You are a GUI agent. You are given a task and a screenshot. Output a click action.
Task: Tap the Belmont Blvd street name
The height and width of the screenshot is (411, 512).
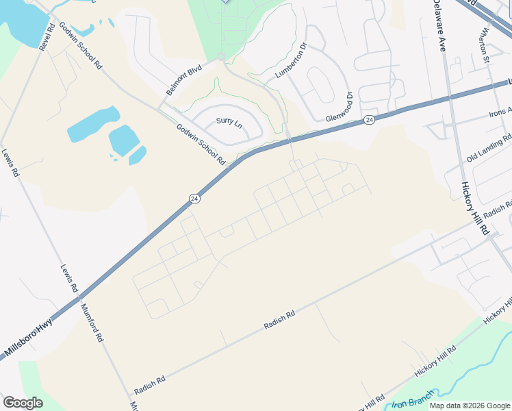pyautogui.click(x=184, y=80)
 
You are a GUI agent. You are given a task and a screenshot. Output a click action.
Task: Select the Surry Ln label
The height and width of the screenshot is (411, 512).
pyautogui.click(x=229, y=121)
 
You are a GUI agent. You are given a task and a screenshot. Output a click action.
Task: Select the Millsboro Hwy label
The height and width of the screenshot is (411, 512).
pyautogui.click(x=29, y=340)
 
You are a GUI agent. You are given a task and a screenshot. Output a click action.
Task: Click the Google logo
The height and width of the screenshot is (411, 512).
pyautogui.click(x=23, y=403)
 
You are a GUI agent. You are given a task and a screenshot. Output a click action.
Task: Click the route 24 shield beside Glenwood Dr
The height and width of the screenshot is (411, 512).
pyautogui.click(x=369, y=120)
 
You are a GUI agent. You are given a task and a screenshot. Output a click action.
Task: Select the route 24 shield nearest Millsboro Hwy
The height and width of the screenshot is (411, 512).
pyautogui.click(x=194, y=199)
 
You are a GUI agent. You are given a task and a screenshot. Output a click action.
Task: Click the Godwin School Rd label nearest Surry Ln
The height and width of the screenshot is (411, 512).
pyautogui.click(x=201, y=144)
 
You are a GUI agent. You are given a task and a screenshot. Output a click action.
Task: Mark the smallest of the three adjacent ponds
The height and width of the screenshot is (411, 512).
pyautogui.click(x=138, y=155)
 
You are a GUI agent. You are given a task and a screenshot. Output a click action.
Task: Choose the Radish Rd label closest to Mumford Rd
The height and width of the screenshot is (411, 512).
pyautogui.click(x=150, y=385)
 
